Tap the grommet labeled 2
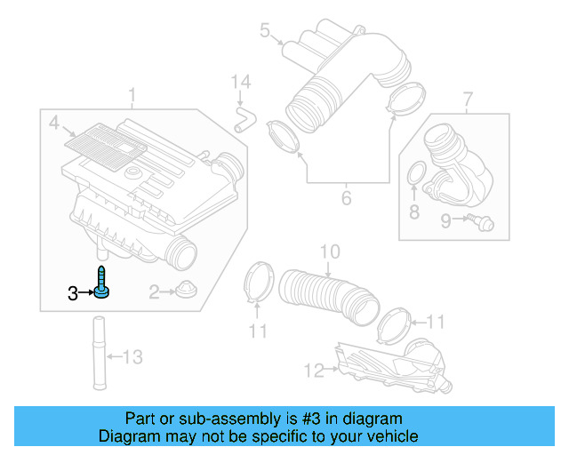tap(185, 290)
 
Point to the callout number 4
tap(53, 122)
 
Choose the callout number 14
tap(236, 83)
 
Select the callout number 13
tap(132, 357)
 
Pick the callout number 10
tap(329, 252)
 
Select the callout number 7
tap(469, 96)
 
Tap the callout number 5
tap(264, 32)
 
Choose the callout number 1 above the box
tap(132, 94)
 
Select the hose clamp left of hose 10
tap(257, 283)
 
